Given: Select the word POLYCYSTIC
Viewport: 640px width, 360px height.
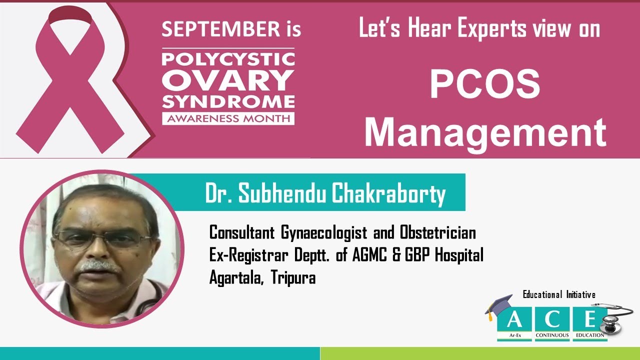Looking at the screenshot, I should click(228, 59).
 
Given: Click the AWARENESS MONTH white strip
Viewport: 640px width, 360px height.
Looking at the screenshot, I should click(228, 118).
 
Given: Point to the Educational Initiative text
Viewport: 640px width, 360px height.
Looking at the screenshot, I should click(559, 294).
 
